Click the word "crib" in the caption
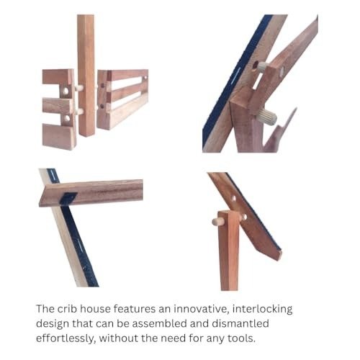tap(67, 309)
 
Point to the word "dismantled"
tap(240, 323)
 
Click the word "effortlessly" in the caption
tap(65, 338)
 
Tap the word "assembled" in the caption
tap(160, 323)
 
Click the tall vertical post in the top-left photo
tap(86, 76)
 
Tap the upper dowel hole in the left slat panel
tap(66, 91)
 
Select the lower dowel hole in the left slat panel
tap(66, 118)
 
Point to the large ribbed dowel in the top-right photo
tap(269, 117)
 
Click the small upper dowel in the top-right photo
tap(262, 66)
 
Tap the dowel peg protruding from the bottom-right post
tap(216, 221)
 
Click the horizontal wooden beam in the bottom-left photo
tap(91, 193)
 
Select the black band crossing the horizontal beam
tap(68, 199)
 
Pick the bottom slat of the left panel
tap(59, 137)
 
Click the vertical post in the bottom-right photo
tap(229, 251)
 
